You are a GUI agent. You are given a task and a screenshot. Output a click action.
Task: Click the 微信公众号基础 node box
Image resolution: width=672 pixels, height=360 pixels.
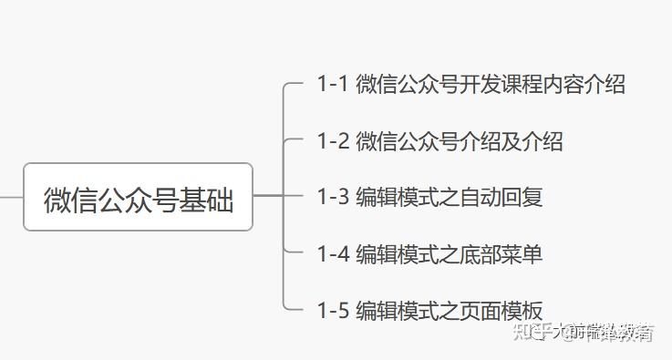coord(138,197)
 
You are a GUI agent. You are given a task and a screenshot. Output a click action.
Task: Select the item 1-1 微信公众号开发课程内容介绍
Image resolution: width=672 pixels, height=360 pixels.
coord(470,85)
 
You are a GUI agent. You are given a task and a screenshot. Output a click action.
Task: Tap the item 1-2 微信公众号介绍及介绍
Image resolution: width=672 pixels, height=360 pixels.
coord(439,141)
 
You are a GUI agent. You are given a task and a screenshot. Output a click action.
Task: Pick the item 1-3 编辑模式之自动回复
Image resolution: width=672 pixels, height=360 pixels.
coord(429,197)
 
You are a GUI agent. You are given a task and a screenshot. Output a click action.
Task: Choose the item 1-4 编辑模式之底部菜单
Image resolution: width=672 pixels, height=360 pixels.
coord(429,253)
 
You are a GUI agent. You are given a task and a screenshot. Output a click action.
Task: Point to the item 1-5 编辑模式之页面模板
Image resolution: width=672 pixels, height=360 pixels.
coord(429,310)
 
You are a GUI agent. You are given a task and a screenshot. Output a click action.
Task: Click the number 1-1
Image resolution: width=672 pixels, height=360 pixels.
coord(333,85)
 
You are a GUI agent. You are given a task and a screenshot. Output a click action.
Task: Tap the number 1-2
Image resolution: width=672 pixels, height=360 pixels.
coord(333,141)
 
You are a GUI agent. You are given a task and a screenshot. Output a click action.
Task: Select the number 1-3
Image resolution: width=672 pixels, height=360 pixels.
coord(333,197)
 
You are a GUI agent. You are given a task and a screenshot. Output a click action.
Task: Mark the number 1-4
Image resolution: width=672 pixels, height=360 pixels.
coord(333,253)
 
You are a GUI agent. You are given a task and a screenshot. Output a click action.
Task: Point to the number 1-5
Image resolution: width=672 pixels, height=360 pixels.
coord(333,310)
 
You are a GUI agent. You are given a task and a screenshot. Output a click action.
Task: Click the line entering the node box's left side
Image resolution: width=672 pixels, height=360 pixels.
coord(11,196)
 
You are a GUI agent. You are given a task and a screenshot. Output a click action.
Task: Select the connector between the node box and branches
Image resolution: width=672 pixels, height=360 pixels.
coord(268,196)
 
